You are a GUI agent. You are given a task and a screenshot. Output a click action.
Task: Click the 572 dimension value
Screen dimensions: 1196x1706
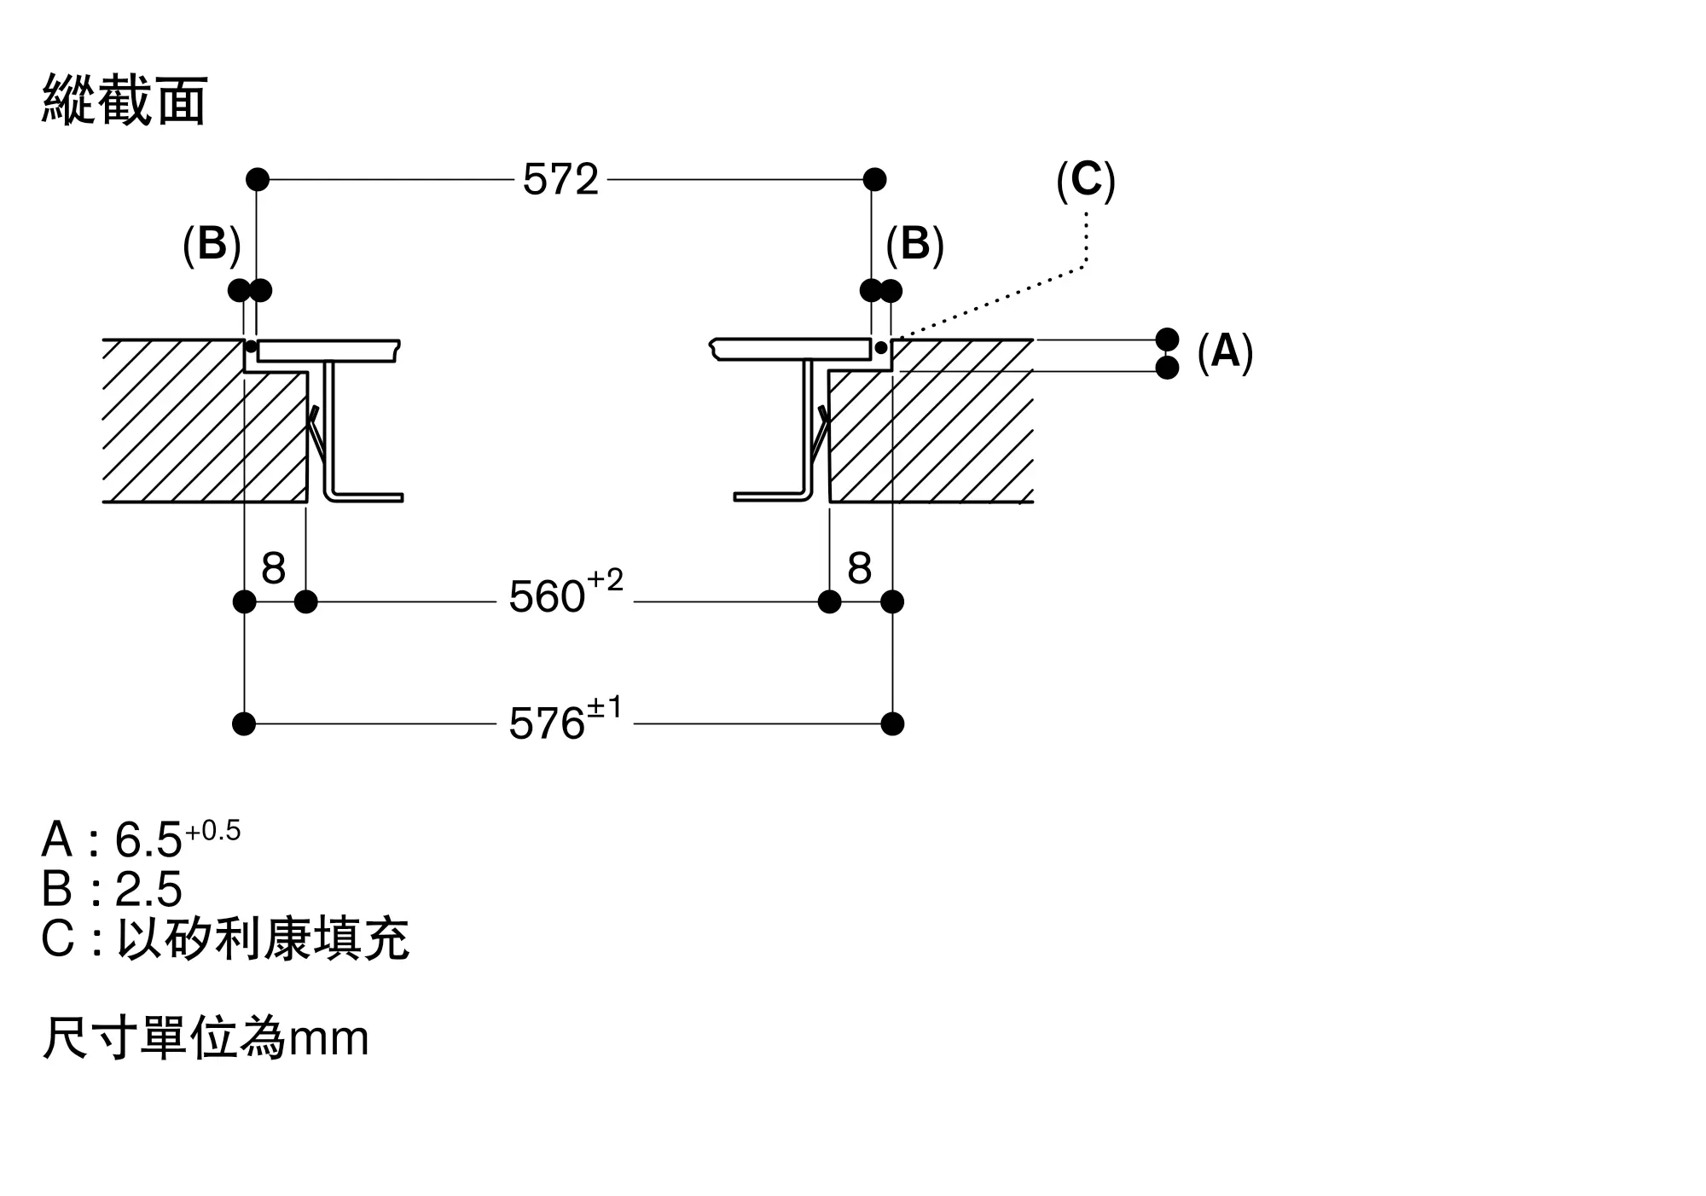[x=560, y=180]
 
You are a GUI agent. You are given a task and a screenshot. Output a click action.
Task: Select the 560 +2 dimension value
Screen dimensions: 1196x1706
[x=566, y=595]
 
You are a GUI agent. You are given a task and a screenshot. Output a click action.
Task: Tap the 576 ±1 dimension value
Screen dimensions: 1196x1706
[x=566, y=721]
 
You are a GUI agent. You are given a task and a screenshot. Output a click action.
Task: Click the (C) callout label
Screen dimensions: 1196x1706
[x=1085, y=181]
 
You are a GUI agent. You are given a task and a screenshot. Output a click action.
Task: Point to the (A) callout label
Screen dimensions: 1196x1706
[x=1225, y=351]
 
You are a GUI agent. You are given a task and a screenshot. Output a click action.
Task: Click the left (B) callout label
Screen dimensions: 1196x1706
[x=212, y=245]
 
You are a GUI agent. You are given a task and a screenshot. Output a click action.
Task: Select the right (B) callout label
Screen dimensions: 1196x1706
[x=914, y=245]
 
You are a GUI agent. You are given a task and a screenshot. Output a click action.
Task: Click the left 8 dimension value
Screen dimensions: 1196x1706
[x=273, y=568]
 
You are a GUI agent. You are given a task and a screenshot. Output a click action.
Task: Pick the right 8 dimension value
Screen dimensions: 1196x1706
[x=860, y=568]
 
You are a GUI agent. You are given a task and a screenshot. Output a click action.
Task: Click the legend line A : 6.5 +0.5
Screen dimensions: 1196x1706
[x=142, y=838]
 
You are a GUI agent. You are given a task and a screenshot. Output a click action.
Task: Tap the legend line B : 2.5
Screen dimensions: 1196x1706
[x=112, y=889]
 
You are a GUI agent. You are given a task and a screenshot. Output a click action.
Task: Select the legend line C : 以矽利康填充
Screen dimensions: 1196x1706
[x=225, y=939]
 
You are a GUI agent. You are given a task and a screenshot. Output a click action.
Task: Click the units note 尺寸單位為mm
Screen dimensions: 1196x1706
[x=206, y=1038]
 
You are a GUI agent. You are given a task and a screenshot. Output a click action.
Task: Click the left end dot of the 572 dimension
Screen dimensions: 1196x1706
[x=257, y=180]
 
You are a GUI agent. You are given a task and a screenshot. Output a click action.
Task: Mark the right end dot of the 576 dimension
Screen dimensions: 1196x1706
[x=892, y=724]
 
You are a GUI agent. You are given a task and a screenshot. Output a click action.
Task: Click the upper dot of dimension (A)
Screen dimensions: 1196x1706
[x=1167, y=340]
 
